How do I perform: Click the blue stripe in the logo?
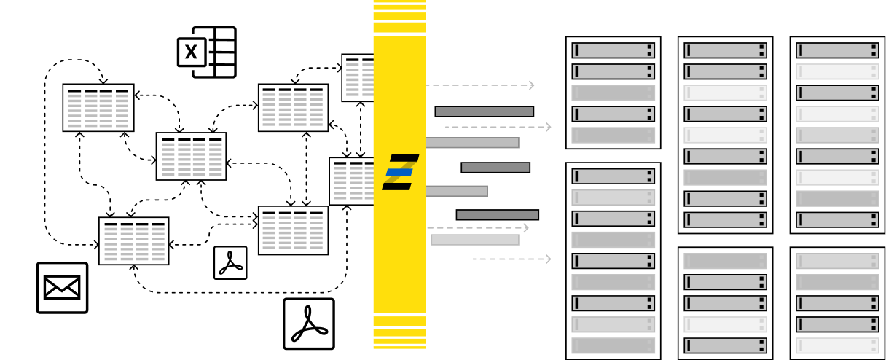tap(399, 172)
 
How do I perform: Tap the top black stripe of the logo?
tap(404, 158)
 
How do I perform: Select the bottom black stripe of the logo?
tap(397, 187)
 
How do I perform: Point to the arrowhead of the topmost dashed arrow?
tap(532, 85)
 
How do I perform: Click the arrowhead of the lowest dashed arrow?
tap(548, 259)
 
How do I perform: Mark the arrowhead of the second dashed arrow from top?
tap(548, 127)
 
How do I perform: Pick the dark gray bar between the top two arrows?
tap(484, 111)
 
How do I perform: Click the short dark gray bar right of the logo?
tap(495, 168)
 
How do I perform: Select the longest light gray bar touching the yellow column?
tap(472, 143)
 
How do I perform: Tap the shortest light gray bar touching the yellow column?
tap(457, 191)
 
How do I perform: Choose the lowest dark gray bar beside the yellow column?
tap(497, 215)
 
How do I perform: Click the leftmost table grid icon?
tap(98, 111)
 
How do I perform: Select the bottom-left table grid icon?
tap(134, 243)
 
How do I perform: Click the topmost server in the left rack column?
tap(613, 50)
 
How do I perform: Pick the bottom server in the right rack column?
tap(837, 345)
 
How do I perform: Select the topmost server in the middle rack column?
tap(725, 50)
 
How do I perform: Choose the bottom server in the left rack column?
tap(613, 345)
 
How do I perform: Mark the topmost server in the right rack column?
tap(837, 50)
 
